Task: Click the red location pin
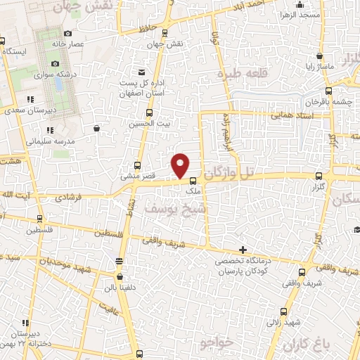[181, 165]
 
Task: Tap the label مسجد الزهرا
[300, 14]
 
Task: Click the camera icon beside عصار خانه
[67, 33]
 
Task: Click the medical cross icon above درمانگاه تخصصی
[243, 250]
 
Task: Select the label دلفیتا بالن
[115, 287]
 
